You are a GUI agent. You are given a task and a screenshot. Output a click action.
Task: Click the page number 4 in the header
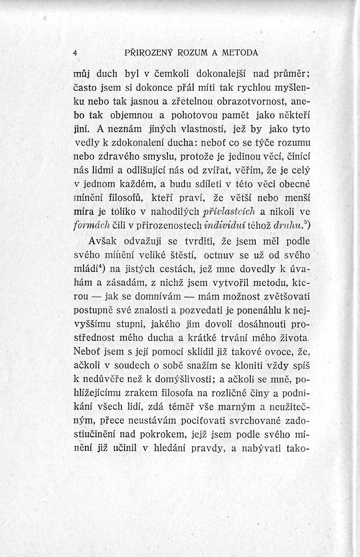pos(75,53)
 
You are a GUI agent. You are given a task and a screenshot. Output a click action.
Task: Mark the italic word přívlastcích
pos(229,212)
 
